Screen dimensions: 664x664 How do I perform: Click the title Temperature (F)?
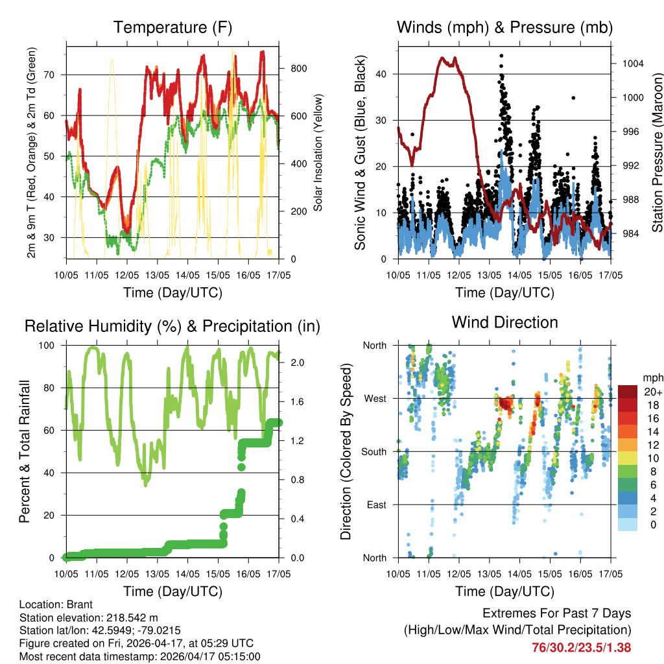coord(172,27)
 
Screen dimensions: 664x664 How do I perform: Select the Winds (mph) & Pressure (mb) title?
coord(504,27)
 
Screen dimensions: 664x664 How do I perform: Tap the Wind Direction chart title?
coord(504,322)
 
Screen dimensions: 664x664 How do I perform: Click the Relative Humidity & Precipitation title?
coord(172,326)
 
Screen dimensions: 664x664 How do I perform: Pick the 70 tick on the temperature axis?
coord(54,75)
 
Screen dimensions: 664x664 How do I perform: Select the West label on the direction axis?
coord(375,398)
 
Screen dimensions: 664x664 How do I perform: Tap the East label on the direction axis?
coord(375,504)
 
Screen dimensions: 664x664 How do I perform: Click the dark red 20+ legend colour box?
coord(628,392)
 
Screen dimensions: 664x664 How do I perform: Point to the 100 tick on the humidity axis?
coord(50,345)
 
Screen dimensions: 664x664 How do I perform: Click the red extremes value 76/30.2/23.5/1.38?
coord(582,647)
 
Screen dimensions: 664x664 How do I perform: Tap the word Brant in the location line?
coord(81,604)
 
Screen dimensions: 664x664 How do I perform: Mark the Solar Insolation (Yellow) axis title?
coord(318,154)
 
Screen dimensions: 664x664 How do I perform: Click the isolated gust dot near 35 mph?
coord(573,98)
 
